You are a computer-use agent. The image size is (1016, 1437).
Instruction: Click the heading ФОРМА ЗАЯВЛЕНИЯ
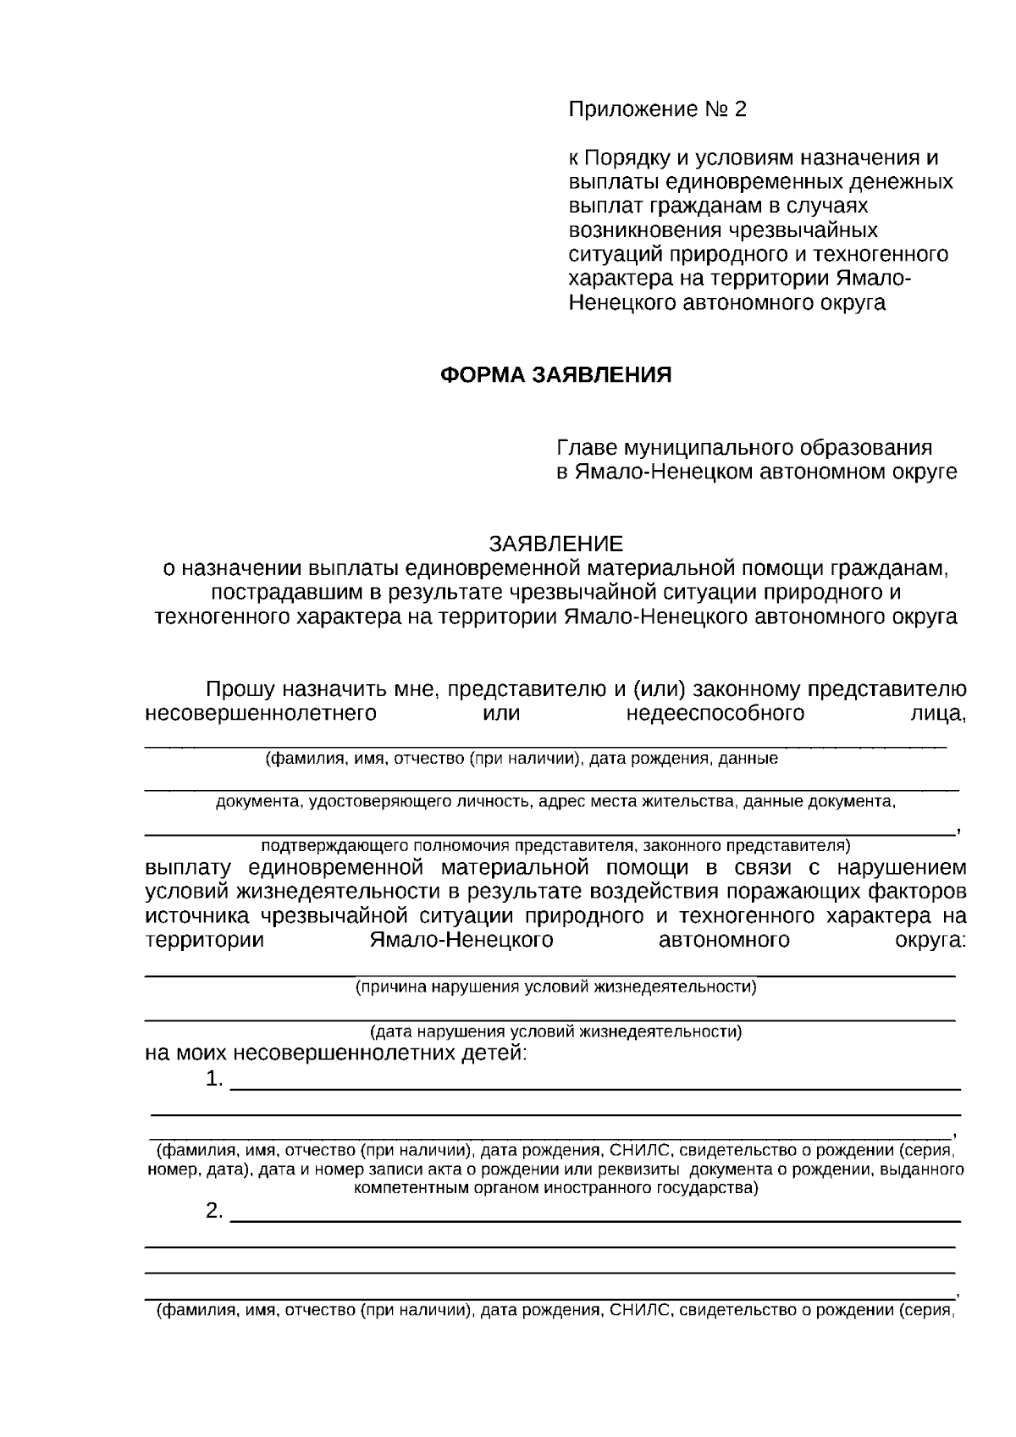555,375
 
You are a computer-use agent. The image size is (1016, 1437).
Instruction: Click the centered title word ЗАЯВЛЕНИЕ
555,543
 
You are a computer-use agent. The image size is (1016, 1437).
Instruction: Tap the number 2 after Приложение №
741,109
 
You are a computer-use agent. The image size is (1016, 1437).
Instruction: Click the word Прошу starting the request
241,689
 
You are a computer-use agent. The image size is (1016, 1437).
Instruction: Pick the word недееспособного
715,713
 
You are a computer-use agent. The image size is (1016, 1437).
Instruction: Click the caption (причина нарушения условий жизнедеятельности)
555,987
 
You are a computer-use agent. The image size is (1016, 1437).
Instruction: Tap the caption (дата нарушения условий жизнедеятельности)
555,1031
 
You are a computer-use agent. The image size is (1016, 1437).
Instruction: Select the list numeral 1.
213,1080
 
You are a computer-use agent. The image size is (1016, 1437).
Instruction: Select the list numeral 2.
213,1212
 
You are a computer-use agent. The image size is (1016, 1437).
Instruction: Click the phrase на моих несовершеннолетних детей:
336,1054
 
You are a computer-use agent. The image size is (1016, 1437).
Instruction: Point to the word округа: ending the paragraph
930,941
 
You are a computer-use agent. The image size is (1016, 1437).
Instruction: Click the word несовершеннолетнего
261,713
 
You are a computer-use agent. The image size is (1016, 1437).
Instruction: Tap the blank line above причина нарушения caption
550,976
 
